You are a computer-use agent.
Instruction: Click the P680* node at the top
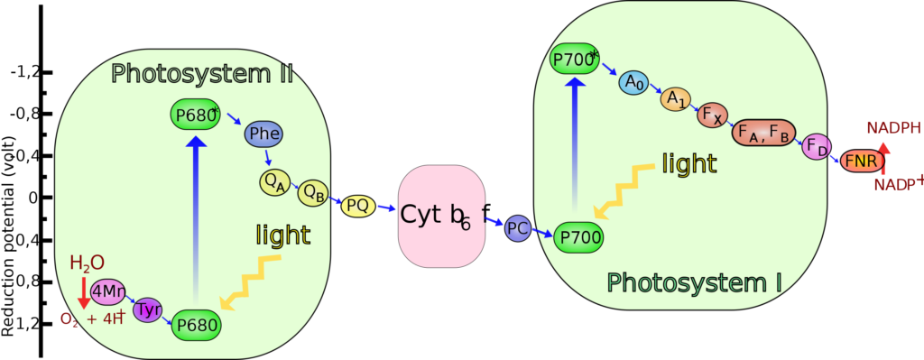coord(195,115)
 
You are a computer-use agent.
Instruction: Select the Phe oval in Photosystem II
coord(263,134)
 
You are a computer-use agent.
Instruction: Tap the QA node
coord(273,182)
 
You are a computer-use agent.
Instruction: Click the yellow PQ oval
coord(358,206)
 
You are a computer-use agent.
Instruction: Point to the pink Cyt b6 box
coord(441,217)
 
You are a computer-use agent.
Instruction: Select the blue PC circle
coord(518,228)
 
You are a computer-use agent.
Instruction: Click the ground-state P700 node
coord(577,236)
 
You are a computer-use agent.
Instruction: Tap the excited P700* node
coord(575,60)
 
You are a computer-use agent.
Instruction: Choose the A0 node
coord(633,83)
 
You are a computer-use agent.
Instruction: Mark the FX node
coord(711,115)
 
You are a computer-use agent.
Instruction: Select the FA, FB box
coord(763,133)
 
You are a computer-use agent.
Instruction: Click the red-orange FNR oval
coord(861,162)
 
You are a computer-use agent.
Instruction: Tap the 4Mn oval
coord(107,291)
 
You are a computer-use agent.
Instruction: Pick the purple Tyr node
coord(147,309)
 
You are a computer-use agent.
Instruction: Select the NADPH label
coord(893,127)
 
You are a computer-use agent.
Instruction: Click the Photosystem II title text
coord(202,73)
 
